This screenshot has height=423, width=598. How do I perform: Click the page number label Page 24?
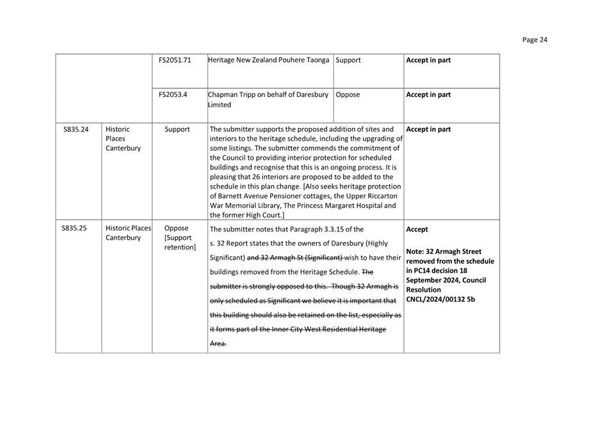(535, 40)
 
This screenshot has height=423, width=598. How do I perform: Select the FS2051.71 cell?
(174, 60)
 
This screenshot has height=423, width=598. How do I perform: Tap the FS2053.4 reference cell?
(173, 95)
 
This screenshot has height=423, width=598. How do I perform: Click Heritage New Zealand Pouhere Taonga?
(269, 60)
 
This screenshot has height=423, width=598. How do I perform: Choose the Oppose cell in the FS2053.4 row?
(348, 95)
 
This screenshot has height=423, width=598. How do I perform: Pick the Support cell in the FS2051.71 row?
(348, 60)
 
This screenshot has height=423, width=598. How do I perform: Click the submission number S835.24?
(76, 129)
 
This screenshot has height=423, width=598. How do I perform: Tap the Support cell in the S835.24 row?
(177, 129)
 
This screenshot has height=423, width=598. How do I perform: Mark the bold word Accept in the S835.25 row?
(417, 229)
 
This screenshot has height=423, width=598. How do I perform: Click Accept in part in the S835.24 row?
(428, 129)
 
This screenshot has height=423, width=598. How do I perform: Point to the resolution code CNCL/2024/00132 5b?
(440, 299)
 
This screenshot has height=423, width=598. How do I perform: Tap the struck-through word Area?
(218, 344)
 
